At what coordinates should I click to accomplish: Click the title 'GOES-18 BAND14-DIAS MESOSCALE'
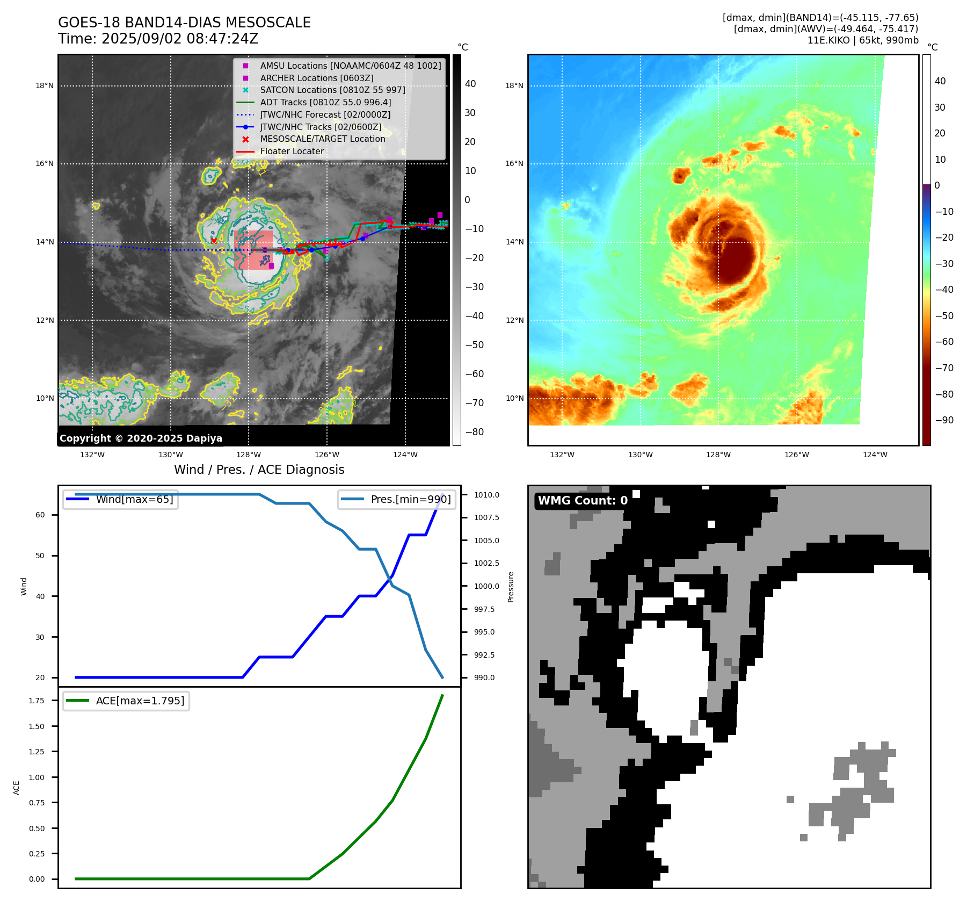tap(184, 23)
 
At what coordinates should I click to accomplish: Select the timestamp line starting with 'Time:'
tap(158, 39)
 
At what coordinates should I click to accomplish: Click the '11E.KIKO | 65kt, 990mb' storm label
tap(862, 40)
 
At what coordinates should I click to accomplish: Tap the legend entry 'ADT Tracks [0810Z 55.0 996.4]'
tap(325, 102)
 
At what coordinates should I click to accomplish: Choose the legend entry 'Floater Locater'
tap(292, 152)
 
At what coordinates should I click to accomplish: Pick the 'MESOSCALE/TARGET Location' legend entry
tap(322, 139)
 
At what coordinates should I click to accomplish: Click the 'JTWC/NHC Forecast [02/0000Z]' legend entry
tap(325, 114)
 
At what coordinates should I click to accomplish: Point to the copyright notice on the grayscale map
tap(141, 438)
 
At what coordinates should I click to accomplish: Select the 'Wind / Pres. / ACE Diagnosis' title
tap(259, 470)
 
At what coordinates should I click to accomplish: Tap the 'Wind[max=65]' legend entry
tap(134, 499)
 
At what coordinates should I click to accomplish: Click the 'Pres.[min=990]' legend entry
tap(411, 499)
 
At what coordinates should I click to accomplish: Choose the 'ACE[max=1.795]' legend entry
tap(140, 701)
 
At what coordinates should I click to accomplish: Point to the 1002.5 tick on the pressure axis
tap(486, 564)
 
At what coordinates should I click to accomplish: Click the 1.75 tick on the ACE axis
tap(37, 701)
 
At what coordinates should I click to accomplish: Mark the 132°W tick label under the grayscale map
tap(92, 455)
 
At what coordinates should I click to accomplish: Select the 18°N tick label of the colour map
tap(514, 85)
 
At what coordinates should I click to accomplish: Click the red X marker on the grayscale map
tap(214, 241)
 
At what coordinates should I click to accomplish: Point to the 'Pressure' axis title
tap(511, 587)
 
